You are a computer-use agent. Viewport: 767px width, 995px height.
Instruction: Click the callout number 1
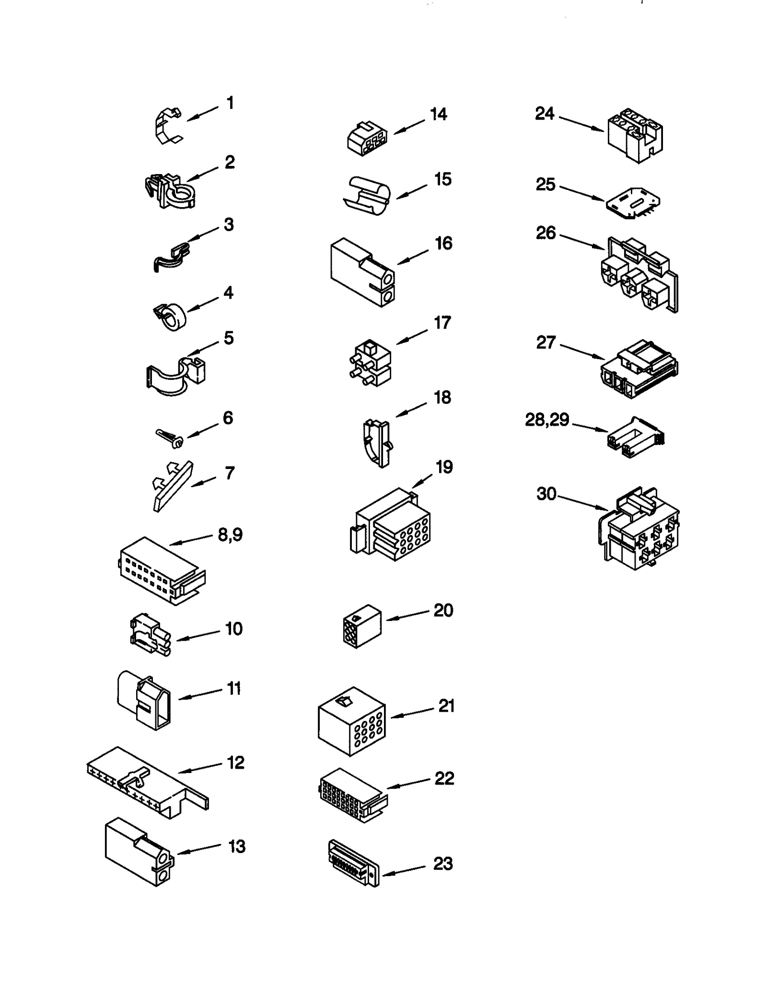(x=230, y=103)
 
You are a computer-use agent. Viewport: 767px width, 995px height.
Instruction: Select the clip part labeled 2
(x=170, y=190)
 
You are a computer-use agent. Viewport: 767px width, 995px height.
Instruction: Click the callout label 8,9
(x=230, y=534)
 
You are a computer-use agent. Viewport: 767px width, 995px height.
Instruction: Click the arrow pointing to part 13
(x=199, y=850)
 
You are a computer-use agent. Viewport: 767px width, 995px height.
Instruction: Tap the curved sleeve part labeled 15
(x=367, y=195)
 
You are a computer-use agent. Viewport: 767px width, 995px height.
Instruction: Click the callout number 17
(x=442, y=323)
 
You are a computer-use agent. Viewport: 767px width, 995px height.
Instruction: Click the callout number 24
(x=545, y=114)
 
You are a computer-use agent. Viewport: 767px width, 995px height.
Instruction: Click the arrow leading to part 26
(x=582, y=241)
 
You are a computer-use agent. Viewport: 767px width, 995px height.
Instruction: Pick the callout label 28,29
(x=547, y=420)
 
